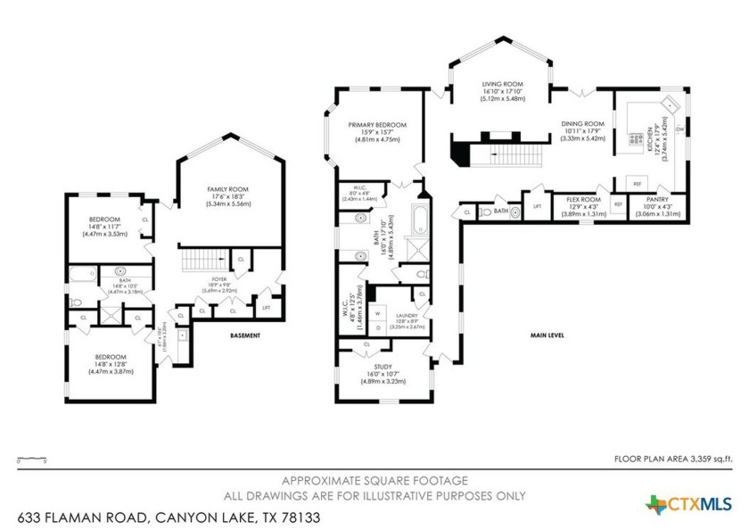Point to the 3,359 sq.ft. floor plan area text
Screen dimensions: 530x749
tap(673, 459)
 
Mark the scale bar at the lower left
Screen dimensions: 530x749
tap(30, 457)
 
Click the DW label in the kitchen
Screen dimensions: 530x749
tap(679, 130)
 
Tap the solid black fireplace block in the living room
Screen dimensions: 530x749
tap(458, 153)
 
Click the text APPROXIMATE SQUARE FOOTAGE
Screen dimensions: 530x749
tap(374, 479)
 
